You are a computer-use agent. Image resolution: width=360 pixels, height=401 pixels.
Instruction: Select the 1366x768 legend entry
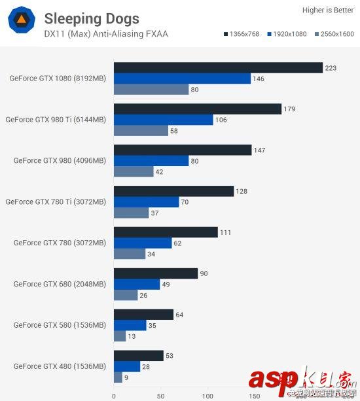(242, 34)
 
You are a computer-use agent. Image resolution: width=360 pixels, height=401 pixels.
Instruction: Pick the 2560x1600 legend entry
(333, 34)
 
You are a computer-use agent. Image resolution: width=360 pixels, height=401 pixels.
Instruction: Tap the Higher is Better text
(328, 10)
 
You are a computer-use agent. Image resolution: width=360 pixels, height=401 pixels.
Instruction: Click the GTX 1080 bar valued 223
(218, 68)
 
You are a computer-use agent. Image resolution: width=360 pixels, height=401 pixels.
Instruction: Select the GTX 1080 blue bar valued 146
(182, 78)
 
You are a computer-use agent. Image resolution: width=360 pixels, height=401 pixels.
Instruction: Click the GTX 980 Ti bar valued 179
(197, 109)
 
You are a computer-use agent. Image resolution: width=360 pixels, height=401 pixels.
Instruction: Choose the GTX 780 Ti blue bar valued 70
(147, 202)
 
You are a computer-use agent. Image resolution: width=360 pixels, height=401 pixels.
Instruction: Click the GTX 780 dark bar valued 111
(166, 232)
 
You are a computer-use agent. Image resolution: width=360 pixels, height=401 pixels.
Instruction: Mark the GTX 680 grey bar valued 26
(126, 295)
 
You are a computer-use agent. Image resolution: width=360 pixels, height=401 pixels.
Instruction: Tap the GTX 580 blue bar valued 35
(130, 325)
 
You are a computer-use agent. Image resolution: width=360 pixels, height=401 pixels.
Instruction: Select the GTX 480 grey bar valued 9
(118, 377)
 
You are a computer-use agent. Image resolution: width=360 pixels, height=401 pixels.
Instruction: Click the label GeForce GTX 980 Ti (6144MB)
(56, 120)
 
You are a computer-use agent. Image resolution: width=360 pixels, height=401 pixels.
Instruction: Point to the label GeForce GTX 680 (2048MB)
(60, 284)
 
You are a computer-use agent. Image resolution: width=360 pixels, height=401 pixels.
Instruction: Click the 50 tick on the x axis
(160, 395)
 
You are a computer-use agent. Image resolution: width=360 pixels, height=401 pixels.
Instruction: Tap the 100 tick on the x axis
(207, 395)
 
